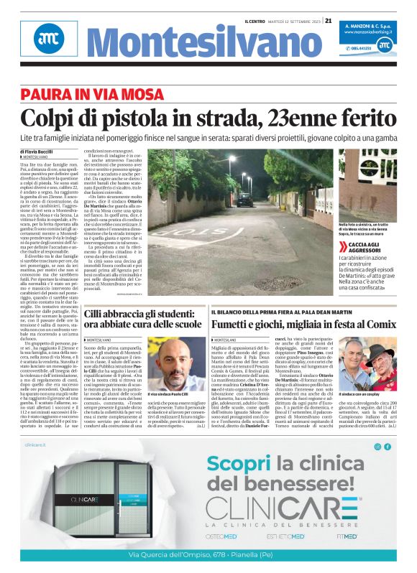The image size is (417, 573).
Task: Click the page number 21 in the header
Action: (329, 20)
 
